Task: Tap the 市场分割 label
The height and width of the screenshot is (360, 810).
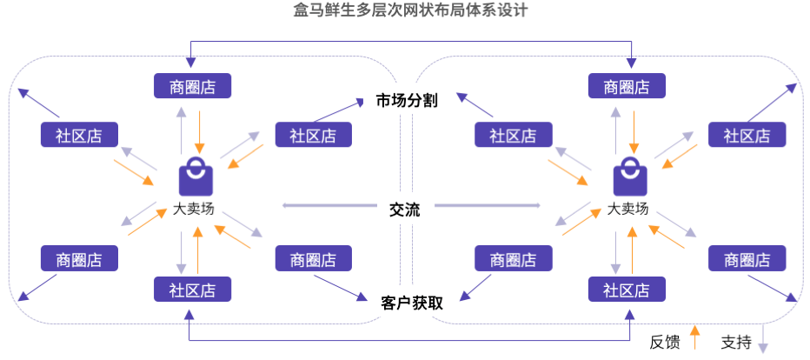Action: pyautogui.click(x=406, y=100)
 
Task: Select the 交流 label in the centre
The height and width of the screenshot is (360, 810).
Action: pyautogui.click(x=405, y=210)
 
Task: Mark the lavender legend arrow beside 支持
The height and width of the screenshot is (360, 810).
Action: pyautogui.click(x=763, y=337)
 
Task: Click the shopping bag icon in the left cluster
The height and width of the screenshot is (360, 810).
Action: pyautogui.click(x=195, y=178)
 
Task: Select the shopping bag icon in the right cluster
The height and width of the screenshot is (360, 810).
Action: pyautogui.click(x=630, y=178)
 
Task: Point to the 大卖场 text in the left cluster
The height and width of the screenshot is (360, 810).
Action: pyautogui.click(x=193, y=209)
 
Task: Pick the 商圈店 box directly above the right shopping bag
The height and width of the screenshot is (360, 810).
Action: pyautogui.click(x=627, y=86)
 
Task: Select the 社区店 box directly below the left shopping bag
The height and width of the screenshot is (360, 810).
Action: pyautogui.click(x=192, y=290)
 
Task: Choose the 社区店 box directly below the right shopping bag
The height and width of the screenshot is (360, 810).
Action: pyautogui.click(x=627, y=290)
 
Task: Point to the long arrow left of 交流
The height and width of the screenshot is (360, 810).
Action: pyautogui.click(x=331, y=206)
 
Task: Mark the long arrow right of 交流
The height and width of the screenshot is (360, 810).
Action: pyautogui.click(x=487, y=206)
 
